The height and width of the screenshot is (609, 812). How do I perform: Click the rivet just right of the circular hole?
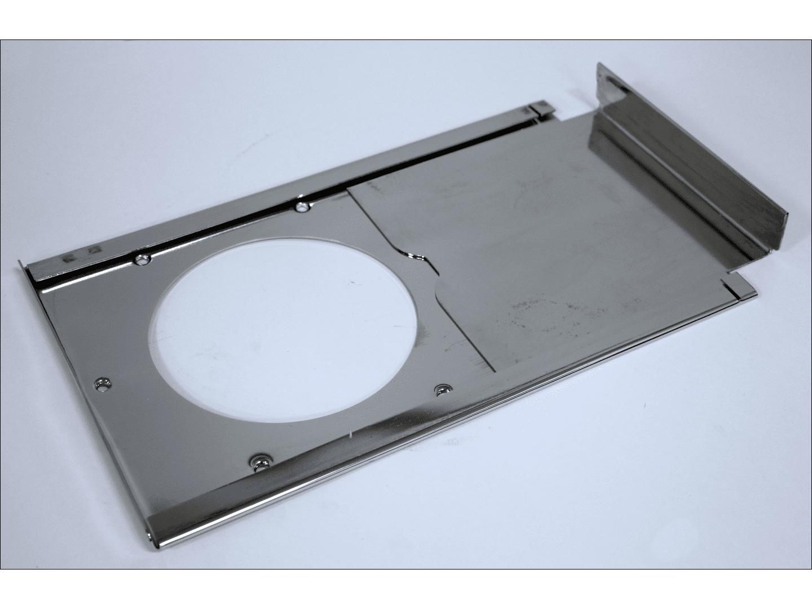(x=443, y=389)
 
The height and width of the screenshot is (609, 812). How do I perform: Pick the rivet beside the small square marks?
(x=141, y=259)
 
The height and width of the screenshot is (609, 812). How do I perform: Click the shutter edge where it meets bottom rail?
(x=495, y=372)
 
